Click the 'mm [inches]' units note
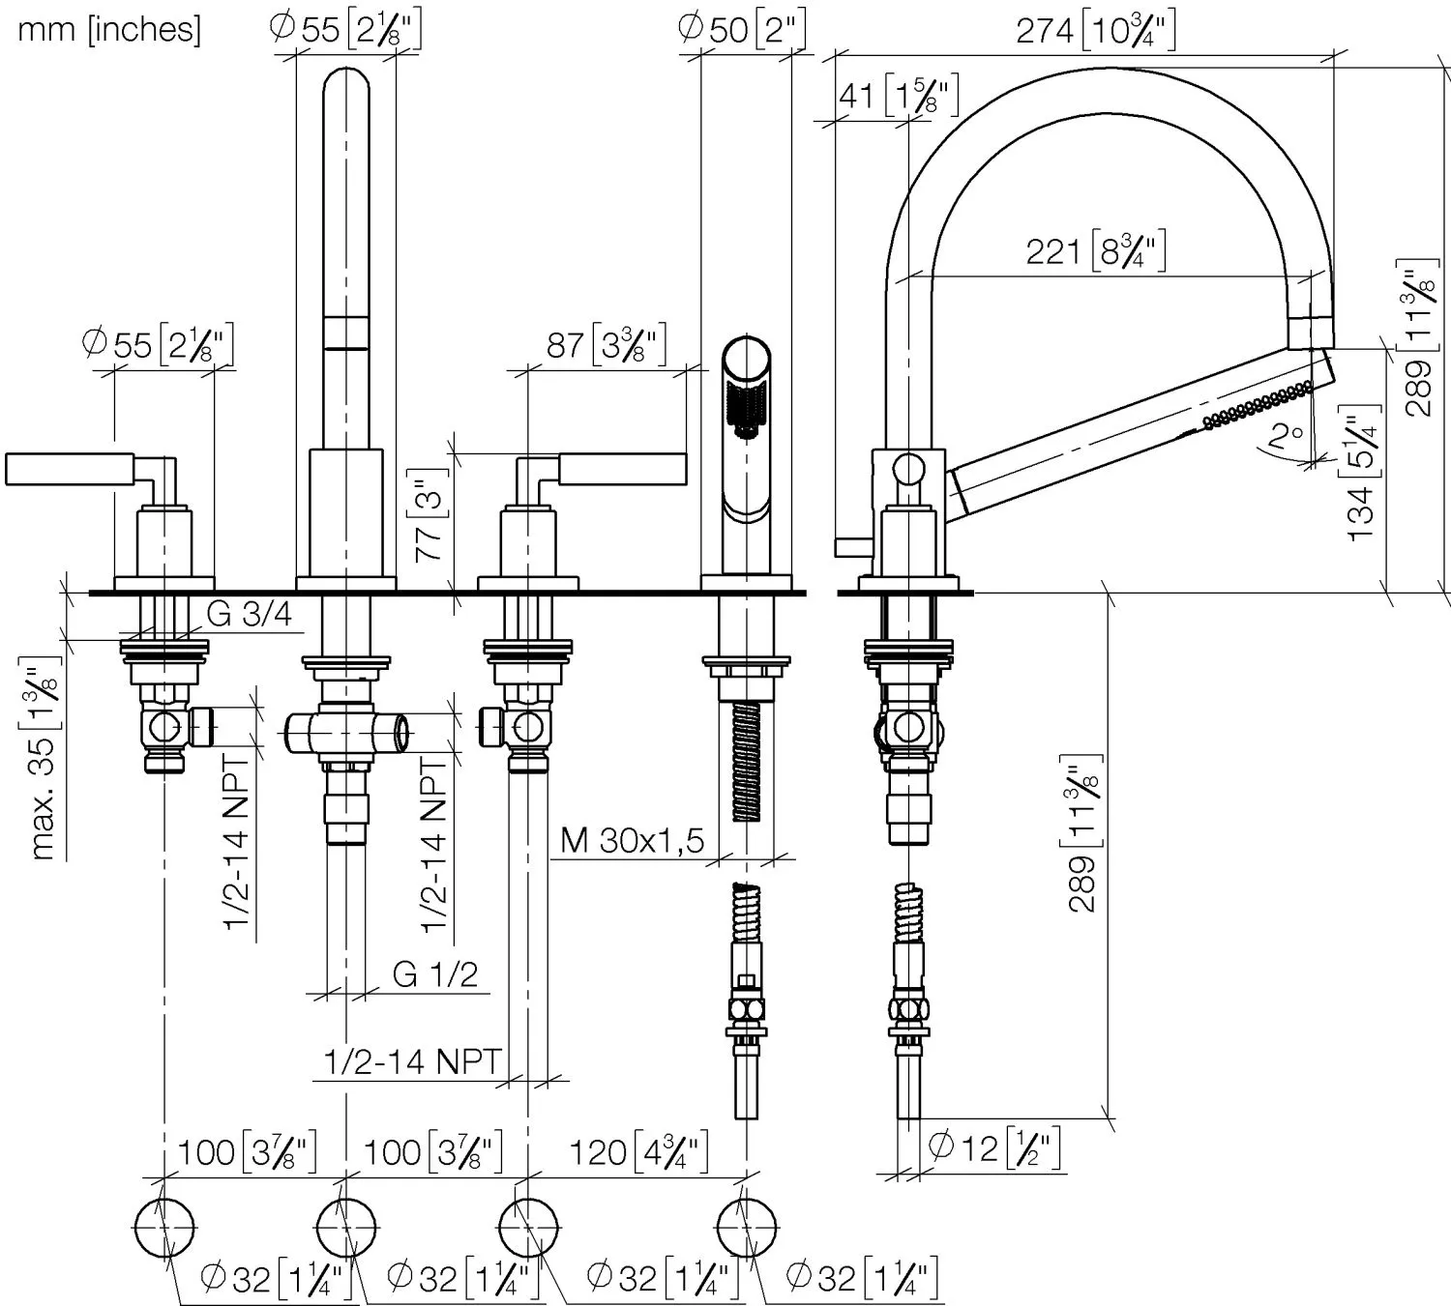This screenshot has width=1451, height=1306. tap(109, 29)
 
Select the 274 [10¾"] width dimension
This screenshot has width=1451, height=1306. tap(1095, 31)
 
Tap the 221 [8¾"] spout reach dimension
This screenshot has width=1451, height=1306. tap(1095, 251)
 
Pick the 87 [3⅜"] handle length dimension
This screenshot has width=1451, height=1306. tap(607, 345)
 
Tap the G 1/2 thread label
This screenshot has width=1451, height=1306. tap(435, 974)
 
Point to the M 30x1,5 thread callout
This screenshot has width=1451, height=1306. tap(633, 840)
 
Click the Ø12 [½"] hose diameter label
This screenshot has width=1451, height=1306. tap(994, 1148)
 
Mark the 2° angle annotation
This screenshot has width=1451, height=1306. tap(1286, 437)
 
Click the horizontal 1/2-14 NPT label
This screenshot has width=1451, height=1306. tap(412, 1062)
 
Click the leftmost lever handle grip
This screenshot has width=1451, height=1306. tap(68, 469)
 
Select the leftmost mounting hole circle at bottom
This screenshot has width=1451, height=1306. tap(163, 1226)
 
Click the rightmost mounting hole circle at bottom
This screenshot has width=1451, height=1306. tap(746, 1226)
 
